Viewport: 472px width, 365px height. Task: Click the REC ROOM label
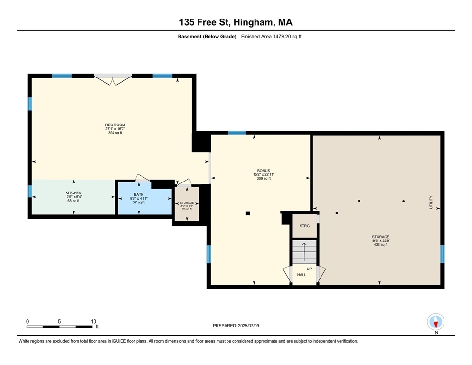click(114, 125)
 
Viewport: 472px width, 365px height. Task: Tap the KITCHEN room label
click(74, 193)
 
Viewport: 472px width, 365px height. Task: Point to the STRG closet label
click(304, 226)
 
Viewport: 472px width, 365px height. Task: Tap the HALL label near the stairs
click(302, 275)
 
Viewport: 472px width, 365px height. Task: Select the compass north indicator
click(435, 322)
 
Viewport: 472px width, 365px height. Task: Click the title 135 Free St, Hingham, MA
click(236, 22)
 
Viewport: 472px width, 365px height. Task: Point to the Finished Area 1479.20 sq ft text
click(271, 37)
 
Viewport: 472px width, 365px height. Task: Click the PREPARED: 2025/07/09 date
click(236, 326)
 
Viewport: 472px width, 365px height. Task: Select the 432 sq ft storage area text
click(380, 244)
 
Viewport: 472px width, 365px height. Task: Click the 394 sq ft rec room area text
click(114, 133)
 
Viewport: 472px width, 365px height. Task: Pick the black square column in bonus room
click(247, 213)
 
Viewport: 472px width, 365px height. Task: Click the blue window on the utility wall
click(442, 254)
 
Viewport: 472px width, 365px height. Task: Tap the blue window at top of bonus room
click(236, 133)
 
